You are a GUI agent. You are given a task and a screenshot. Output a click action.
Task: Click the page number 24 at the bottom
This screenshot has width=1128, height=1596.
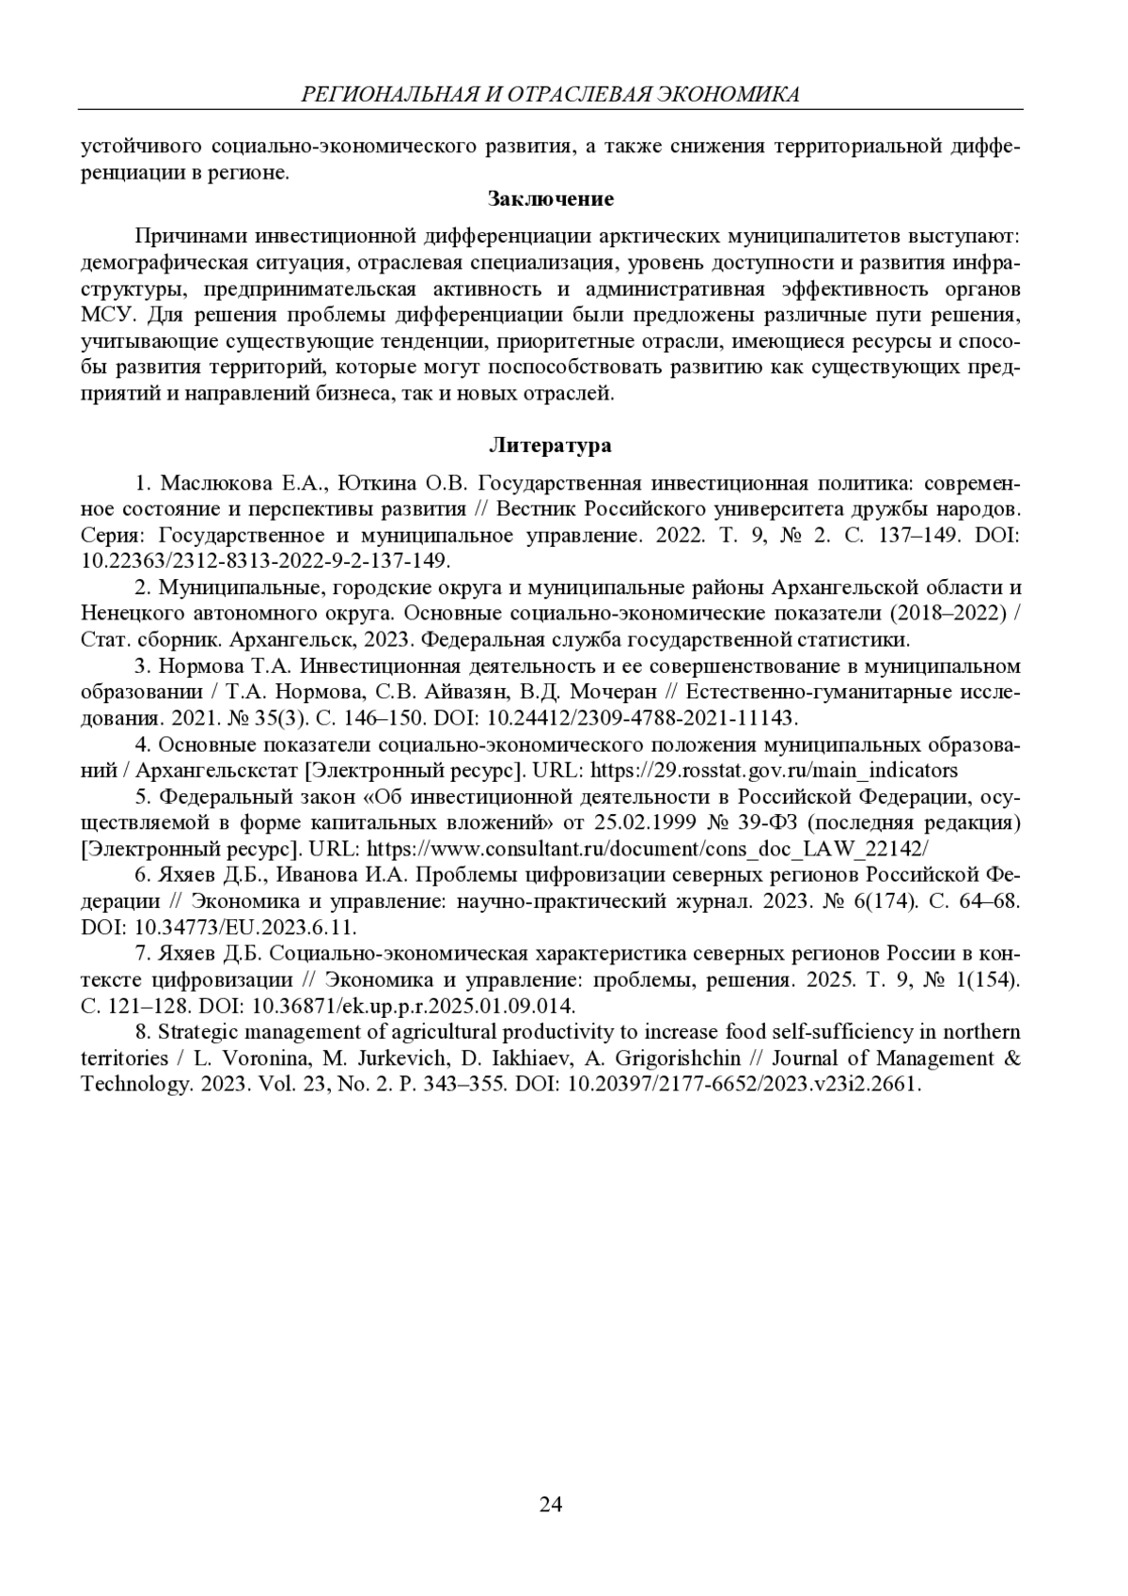click(551, 1505)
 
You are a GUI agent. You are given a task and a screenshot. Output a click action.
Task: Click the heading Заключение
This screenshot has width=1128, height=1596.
click(551, 198)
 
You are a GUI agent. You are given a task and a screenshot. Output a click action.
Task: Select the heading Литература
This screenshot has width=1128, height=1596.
click(551, 446)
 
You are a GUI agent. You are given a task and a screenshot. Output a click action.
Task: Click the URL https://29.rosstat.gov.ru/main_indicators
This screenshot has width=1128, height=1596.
click(774, 771)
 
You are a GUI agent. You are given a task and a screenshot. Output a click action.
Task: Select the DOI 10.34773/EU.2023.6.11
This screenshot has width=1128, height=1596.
click(246, 928)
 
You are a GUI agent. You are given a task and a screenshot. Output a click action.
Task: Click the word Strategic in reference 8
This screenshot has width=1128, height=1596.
click(195, 1032)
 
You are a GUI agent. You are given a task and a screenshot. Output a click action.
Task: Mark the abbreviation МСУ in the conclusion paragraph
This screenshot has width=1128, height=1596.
click(110, 314)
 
